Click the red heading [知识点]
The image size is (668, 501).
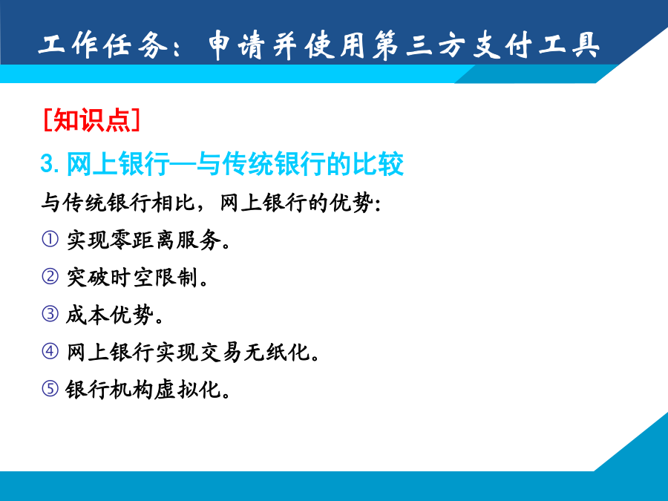(x=91, y=120)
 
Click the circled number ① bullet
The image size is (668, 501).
(x=50, y=239)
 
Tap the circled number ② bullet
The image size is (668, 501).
(x=50, y=277)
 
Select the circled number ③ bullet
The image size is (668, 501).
(x=50, y=314)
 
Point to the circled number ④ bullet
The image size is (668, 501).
(x=50, y=352)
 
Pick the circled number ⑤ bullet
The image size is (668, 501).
(x=50, y=388)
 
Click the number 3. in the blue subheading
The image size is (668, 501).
(x=50, y=163)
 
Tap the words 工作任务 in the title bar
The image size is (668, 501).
(x=103, y=45)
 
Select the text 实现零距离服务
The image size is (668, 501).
(x=143, y=240)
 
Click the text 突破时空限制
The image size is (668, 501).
(x=132, y=277)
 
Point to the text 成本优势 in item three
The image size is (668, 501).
(x=110, y=315)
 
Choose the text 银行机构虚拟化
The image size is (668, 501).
(x=143, y=389)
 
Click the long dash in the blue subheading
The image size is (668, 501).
(x=183, y=163)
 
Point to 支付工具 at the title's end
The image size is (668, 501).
(x=535, y=45)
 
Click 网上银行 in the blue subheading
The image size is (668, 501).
(x=119, y=163)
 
